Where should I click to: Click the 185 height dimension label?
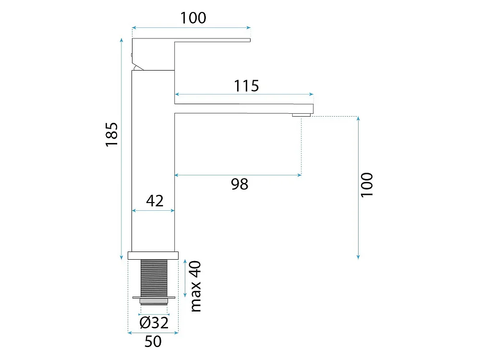click(112, 134)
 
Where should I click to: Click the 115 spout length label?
click(246, 86)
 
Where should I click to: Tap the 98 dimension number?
click(240, 184)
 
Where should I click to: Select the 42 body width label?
click(155, 201)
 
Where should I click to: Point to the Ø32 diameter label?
click(154, 323)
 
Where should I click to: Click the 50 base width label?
click(153, 341)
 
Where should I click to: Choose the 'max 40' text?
click(196, 286)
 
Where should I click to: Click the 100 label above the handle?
click(193, 18)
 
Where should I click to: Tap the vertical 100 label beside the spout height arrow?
click(367, 185)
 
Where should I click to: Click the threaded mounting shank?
click(154, 278)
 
